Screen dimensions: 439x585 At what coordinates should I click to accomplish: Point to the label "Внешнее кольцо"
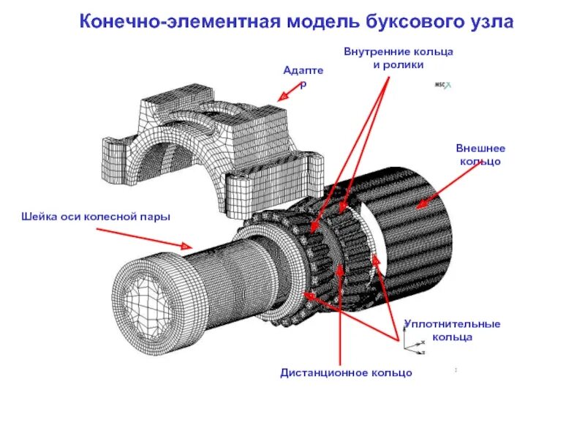pyautogui.click(x=480, y=154)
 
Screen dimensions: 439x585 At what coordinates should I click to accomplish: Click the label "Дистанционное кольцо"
pyautogui.click(x=346, y=373)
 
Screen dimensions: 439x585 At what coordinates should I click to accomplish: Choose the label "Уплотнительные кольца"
pyautogui.click(x=451, y=330)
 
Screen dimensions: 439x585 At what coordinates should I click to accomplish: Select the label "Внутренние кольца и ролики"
pyautogui.click(x=399, y=59)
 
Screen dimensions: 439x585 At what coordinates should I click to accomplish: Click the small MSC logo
pyautogui.click(x=443, y=85)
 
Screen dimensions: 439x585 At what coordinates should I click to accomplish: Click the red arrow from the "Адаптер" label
pyautogui.click(x=290, y=91)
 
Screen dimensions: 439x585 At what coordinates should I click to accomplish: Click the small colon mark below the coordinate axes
pyautogui.click(x=456, y=369)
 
